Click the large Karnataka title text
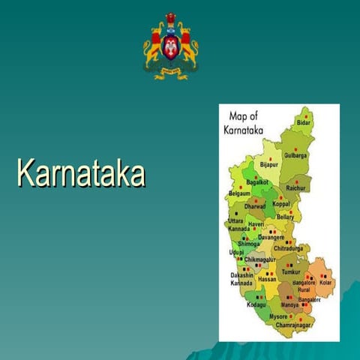click(80, 172)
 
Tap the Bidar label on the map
click(303, 122)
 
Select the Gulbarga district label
click(296, 156)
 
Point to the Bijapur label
click(268, 164)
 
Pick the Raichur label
click(296, 188)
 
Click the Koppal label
click(281, 203)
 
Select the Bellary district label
click(285, 217)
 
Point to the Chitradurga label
click(289, 248)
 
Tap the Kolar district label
click(325, 283)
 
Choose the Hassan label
click(267, 279)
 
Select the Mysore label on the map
click(278, 317)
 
